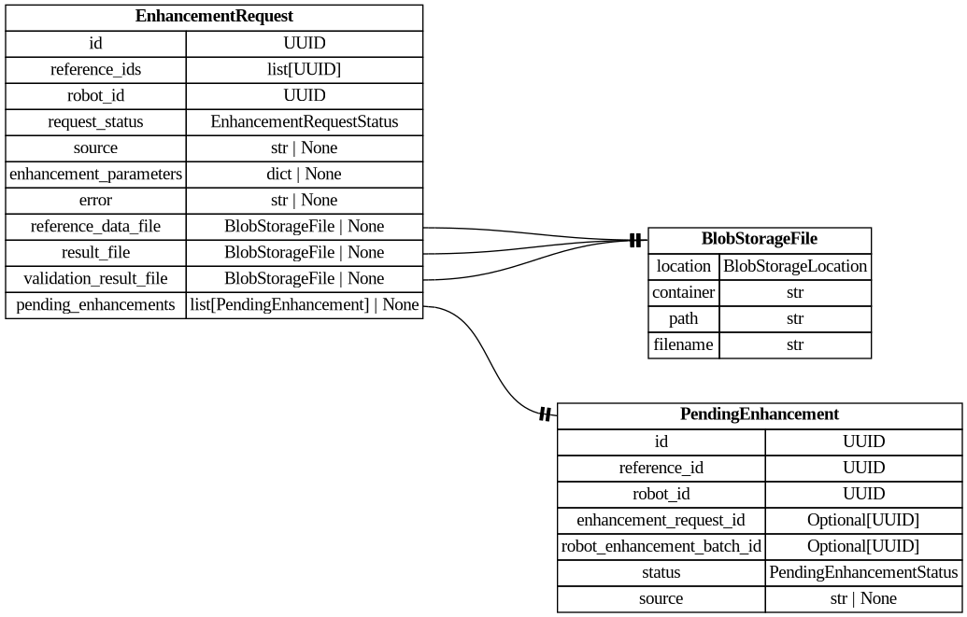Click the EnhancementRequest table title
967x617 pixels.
tap(214, 17)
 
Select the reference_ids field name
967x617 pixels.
tap(95, 69)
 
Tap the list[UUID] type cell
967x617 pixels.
tap(304, 69)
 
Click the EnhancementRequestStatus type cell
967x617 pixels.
tap(304, 121)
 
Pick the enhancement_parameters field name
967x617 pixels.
tap(95, 174)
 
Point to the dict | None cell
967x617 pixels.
tap(304, 174)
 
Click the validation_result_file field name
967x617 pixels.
tap(95, 278)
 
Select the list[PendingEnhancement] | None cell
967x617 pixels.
tap(304, 304)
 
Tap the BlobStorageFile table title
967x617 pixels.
tap(759, 239)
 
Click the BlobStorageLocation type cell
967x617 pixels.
tap(795, 266)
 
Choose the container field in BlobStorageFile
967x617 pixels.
tap(683, 292)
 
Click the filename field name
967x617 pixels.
tap(683, 344)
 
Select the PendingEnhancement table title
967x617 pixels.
tap(759, 414)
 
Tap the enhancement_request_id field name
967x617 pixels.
tap(661, 520)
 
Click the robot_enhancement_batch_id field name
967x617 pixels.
tap(661, 546)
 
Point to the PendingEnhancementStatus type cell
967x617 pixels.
tap(863, 572)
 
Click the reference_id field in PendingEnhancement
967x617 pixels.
tap(661, 468)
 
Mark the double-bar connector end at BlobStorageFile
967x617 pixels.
tap(635, 241)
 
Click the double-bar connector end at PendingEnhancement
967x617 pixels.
tap(545, 414)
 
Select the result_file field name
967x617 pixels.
tap(95, 252)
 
